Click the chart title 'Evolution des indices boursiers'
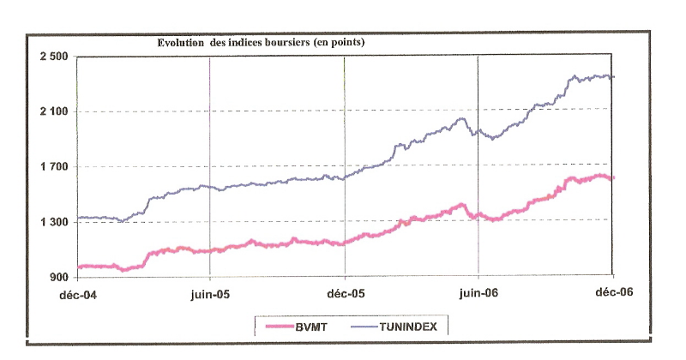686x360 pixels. pos(262,42)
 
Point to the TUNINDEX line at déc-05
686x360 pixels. pos(344,177)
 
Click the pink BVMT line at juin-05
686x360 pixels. pos(210,249)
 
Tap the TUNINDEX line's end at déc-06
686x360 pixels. pos(613,77)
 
